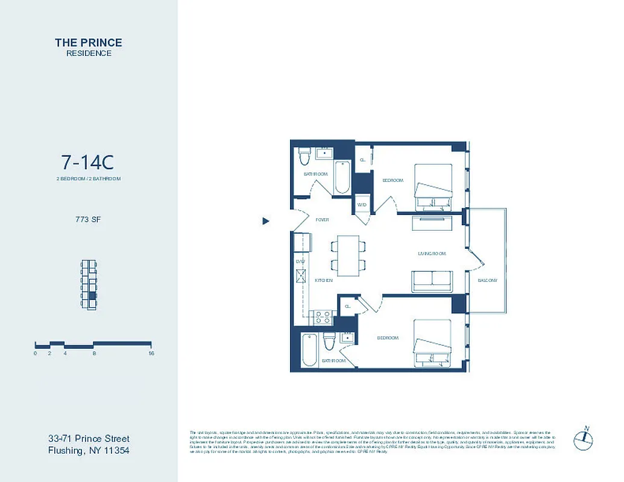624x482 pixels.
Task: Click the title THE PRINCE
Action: pyautogui.click(x=89, y=42)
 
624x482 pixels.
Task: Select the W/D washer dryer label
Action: pyautogui.click(x=362, y=205)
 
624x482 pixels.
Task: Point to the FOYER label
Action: pyautogui.click(x=323, y=220)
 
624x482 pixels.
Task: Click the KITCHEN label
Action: pyautogui.click(x=324, y=281)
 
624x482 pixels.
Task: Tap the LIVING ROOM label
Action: pyautogui.click(x=432, y=254)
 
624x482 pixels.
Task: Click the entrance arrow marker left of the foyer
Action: pyautogui.click(x=265, y=221)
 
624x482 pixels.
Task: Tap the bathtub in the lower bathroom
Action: pyautogui.click(x=308, y=350)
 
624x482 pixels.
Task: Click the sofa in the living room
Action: pyautogui.click(x=432, y=281)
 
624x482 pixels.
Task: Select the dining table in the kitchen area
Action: pyautogui.click(x=347, y=253)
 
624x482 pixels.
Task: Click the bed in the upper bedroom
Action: pyautogui.click(x=433, y=187)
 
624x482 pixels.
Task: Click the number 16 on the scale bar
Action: pyautogui.click(x=151, y=354)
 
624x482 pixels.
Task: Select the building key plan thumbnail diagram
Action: pyautogui.click(x=89, y=285)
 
